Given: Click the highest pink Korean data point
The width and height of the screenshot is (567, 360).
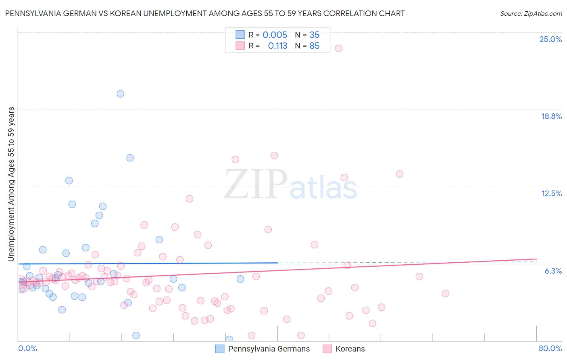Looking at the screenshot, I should (339, 48).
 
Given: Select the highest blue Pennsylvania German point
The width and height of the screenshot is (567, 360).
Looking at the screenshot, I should (120, 94).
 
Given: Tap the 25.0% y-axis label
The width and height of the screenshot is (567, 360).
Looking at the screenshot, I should (550, 39).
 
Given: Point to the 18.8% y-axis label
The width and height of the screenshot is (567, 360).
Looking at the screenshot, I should (551, 116).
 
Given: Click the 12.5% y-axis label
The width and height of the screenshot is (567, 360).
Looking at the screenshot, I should (551, 193).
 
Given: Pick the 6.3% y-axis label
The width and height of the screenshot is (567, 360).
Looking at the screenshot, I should (553, 271).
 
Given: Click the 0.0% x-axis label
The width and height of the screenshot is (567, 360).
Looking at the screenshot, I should (27, 348).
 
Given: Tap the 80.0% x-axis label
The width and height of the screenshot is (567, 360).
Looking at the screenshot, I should (550, 348).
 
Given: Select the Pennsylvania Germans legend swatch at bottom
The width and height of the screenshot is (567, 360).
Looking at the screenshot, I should (220, 349).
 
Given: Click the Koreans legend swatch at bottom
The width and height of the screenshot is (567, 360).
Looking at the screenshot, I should (327, 349).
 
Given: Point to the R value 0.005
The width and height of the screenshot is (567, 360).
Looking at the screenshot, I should (275, 35).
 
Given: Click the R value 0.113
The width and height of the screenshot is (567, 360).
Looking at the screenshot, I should (277, 46).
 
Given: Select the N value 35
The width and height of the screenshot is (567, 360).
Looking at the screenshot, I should (315, 35).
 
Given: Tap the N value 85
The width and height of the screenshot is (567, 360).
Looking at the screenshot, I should (315, 46).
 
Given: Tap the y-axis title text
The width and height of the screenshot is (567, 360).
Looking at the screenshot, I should (11, 184).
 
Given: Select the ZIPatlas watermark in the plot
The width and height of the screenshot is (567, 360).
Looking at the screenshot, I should (290, 184).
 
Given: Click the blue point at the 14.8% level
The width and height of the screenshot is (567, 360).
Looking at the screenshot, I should (130, 158).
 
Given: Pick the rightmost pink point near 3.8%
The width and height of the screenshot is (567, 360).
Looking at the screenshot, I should (446, 293).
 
